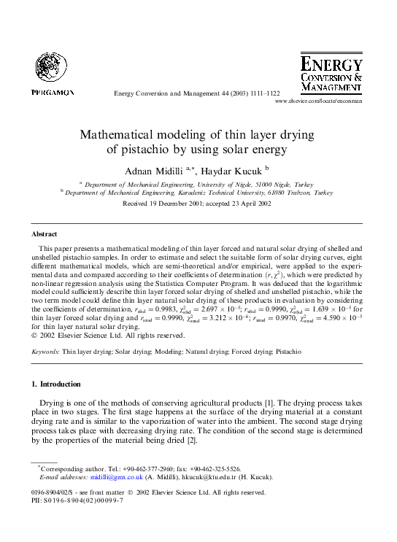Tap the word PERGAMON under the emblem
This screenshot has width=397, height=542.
click(x=53, y=92)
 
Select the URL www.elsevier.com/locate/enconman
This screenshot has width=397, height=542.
click(x=318, y=102)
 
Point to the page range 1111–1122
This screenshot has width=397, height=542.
click(x=262, y=93)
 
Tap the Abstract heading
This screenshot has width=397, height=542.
click(x=45, y=234)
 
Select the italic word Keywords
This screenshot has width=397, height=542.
click(x=45, y=351)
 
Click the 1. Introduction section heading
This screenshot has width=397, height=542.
click(x=56, y=384)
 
